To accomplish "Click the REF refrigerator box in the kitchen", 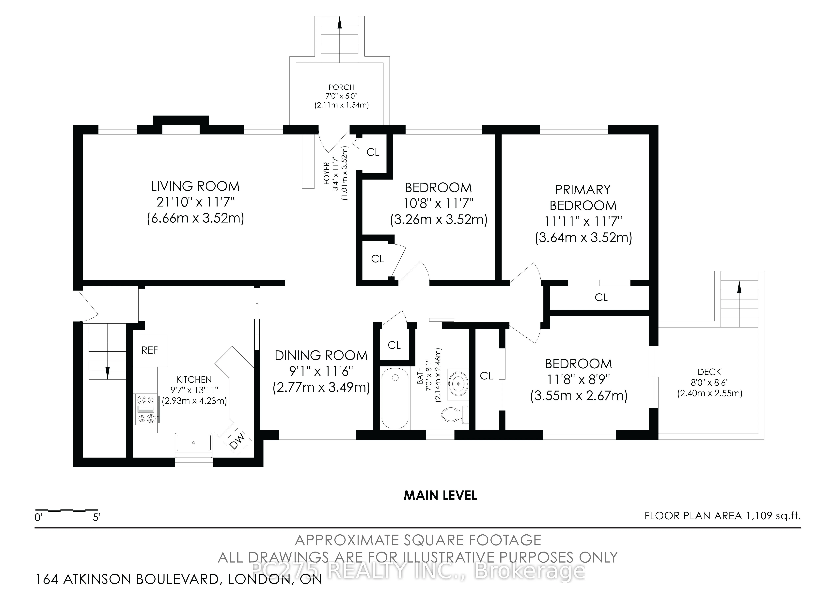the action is click(x=149, y=350).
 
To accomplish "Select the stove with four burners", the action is click(x=146, y=409).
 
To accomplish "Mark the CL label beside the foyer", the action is click(x=373, y=152).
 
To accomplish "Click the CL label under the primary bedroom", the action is click(x=601, y=298).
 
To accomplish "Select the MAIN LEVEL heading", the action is click(x=440, y=495).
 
